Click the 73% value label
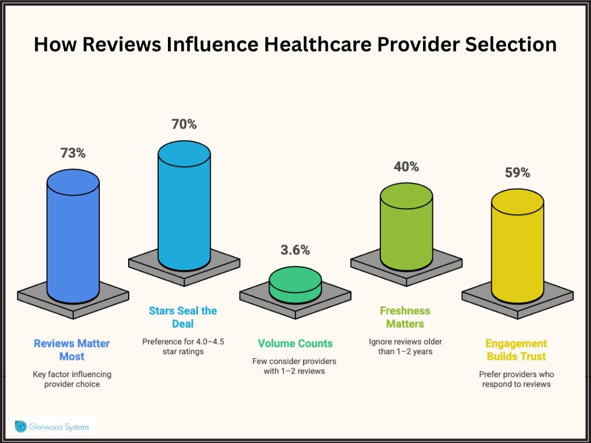coord(73,153)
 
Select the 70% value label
coord(184,124)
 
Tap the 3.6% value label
coord(295,250)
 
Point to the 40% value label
coord(406,167)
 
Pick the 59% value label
coord(517,172)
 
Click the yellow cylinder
coord(517,242)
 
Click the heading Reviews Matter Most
coord(72,350)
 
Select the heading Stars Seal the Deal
coord(183,317)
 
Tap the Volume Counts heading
coord(295,343)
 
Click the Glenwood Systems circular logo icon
coord(21,426)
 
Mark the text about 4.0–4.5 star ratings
coord(183,346)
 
